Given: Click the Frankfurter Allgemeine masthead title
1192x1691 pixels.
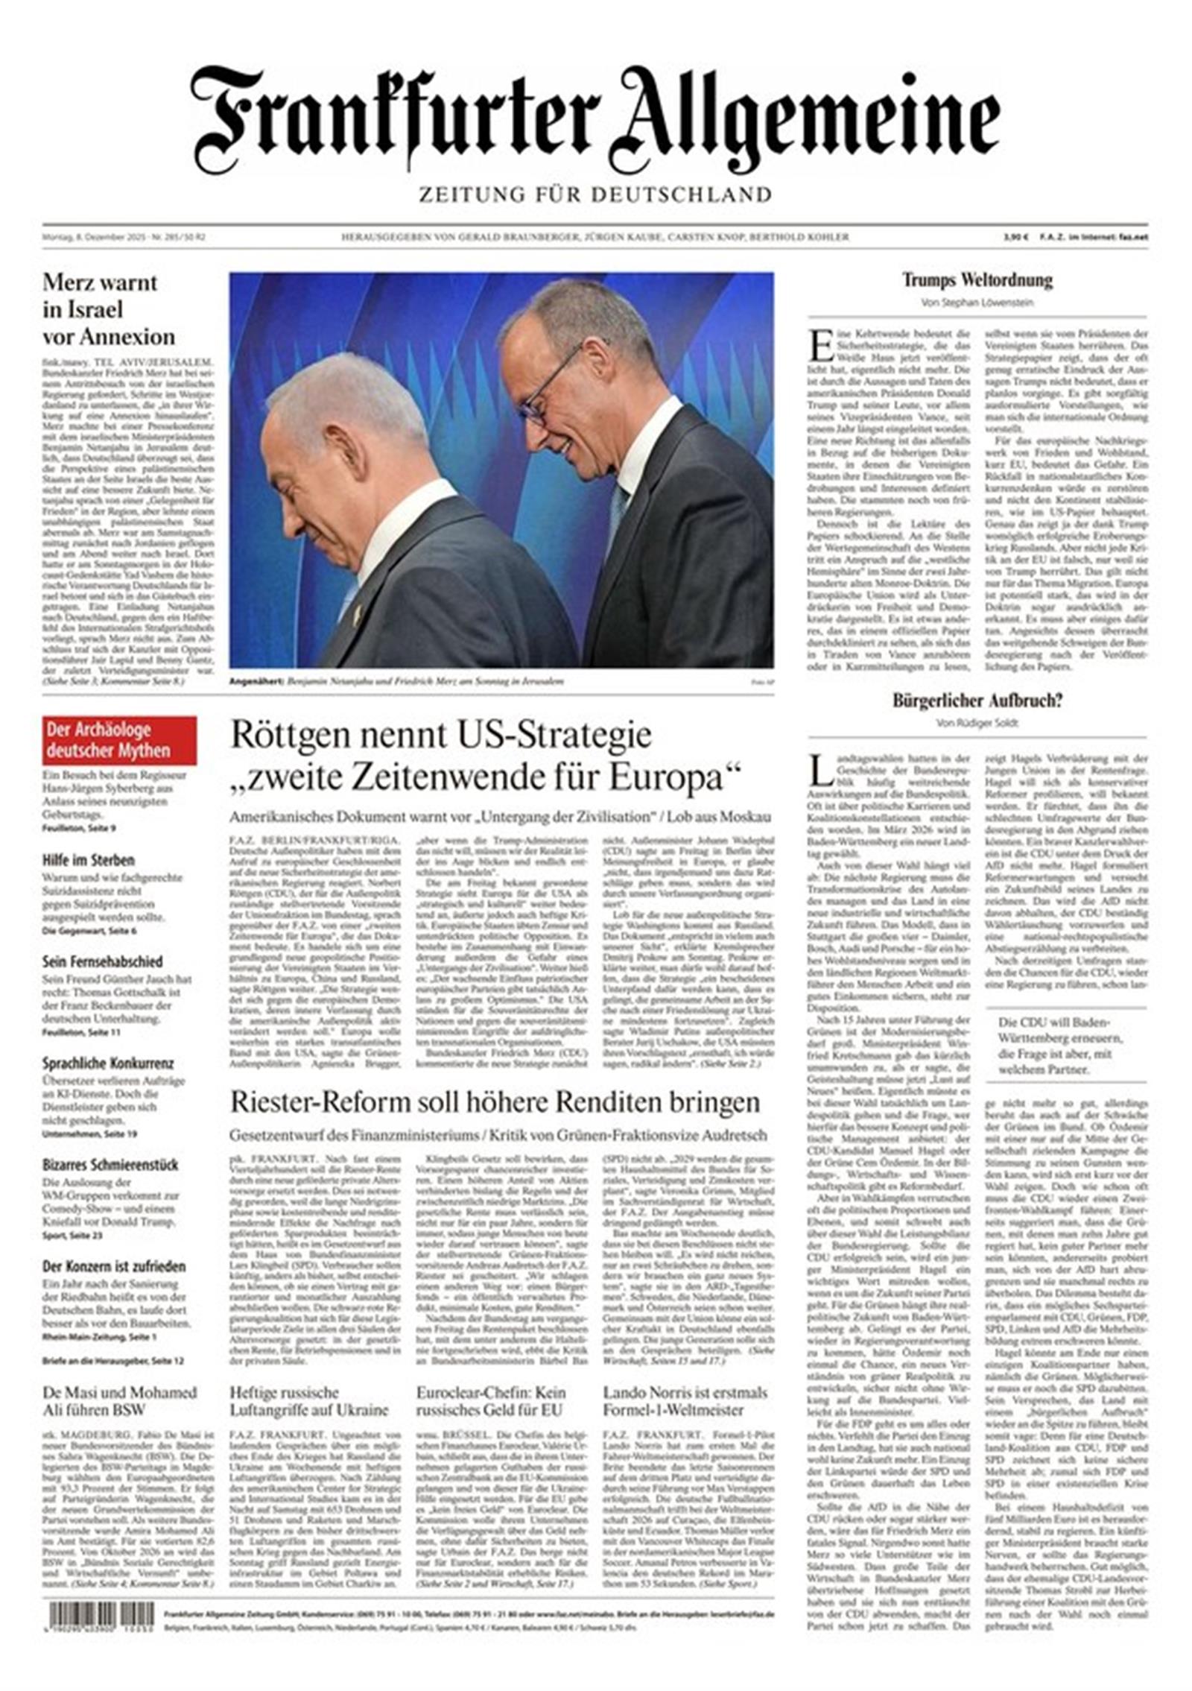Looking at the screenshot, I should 595,119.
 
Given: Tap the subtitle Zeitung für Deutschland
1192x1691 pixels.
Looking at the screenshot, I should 595,195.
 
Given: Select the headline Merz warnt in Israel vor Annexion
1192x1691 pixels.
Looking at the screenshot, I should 109,309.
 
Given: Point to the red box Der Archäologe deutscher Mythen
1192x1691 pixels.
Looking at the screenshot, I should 119,740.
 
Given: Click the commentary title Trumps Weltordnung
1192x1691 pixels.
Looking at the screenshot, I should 977,280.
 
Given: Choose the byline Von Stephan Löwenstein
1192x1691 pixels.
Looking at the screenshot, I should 977,303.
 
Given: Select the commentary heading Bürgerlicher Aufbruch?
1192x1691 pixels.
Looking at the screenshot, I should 977,700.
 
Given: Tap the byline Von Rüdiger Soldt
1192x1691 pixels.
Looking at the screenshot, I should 977,722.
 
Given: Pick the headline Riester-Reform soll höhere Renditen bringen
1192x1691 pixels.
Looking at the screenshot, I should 495,1102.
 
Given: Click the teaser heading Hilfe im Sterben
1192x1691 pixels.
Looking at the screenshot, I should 89,860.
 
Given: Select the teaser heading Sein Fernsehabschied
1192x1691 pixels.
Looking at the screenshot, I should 102,961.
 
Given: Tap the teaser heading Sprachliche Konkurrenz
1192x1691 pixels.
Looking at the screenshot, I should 108,1063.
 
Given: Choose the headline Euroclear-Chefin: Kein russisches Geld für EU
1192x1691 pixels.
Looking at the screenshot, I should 491,1401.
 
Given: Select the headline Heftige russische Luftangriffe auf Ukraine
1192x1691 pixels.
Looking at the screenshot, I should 309,1401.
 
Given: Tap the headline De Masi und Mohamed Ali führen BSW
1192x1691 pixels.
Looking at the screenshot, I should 119,1401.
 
